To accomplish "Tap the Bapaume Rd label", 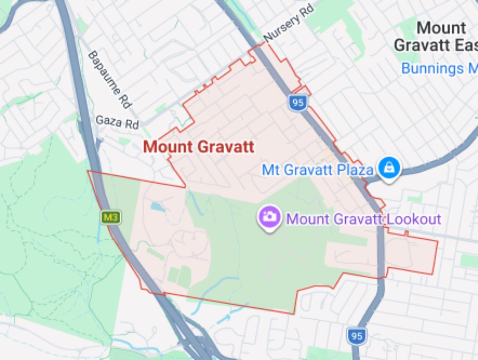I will pos(110,79).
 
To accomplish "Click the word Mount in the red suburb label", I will pos(168,147).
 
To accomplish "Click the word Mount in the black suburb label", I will pos(442,28).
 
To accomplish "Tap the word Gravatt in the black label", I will pos(421,45).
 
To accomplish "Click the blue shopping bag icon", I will pos(389,168).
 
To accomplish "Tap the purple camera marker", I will pos(269,216).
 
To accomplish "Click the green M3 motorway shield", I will pos(111,217).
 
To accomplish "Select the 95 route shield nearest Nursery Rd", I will pos(298,103).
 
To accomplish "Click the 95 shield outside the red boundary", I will pos(357,336).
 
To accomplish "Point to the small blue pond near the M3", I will pos(158,207).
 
